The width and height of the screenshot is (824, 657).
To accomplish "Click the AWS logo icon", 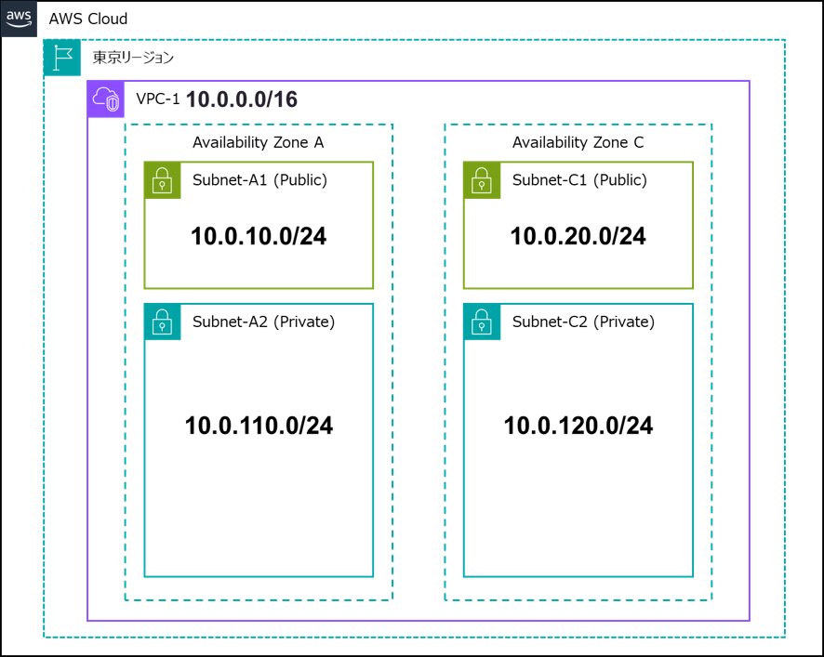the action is coord(19,19).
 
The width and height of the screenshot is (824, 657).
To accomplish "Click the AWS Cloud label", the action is coord(88,19).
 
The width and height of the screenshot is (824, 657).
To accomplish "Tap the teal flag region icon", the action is coord(62,58).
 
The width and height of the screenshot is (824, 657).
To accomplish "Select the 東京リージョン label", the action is coord(133,58).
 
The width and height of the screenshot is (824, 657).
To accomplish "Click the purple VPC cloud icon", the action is coord(106,99).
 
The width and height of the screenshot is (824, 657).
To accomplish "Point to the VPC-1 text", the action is coord(158,99).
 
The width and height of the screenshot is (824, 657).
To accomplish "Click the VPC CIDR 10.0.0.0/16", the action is coord(242,99).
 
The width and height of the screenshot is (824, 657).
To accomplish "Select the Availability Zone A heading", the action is coord(258,142).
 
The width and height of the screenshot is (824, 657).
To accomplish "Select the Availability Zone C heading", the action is coord(578,142).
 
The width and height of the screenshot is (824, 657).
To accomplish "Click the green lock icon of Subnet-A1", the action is coord(163,180).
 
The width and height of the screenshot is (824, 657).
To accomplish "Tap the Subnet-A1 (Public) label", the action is coord(259,180).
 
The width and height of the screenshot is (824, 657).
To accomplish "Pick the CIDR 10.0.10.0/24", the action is coord(259,236).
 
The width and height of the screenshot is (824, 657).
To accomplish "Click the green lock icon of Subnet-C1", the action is coord(482,180).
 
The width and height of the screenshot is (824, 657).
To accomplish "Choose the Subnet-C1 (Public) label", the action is coord(579,180).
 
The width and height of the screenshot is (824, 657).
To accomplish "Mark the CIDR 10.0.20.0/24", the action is coord(578,236).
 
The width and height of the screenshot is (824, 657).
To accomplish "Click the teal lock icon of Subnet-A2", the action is coord(163,322).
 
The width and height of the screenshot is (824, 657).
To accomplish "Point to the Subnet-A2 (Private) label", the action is coord(263,322).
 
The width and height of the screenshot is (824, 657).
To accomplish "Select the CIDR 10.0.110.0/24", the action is coord(259,426).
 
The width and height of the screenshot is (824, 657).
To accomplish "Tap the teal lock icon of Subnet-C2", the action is coord(482,322).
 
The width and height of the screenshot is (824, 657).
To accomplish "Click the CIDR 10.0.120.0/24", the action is coord(578,426).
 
